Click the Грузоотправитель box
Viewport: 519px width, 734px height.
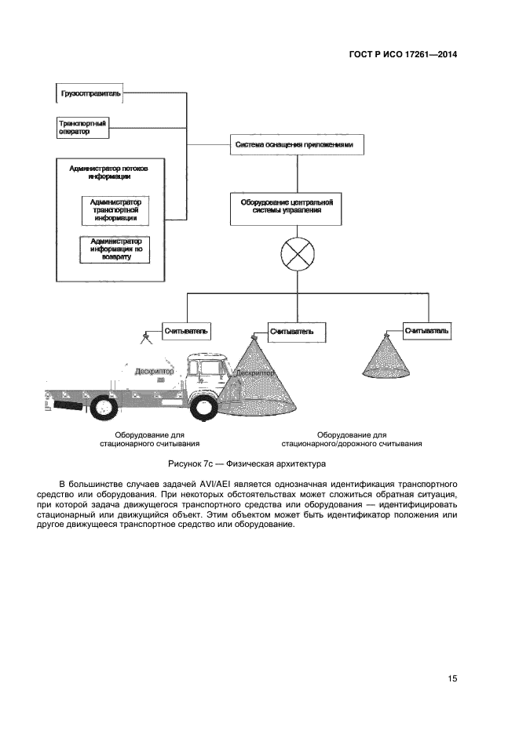90,94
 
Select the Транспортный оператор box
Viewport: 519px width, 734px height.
82,127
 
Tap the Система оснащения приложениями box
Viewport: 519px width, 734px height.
298,145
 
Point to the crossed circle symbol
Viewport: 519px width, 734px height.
297,256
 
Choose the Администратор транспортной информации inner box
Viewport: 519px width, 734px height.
116,210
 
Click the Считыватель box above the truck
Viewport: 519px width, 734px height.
186,332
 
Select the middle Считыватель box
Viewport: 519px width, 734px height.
291,332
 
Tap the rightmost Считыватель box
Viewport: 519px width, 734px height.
427,332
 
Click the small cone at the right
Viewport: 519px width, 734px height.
389,355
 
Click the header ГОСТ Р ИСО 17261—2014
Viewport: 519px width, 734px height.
403,55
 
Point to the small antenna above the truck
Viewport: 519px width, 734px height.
145,337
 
